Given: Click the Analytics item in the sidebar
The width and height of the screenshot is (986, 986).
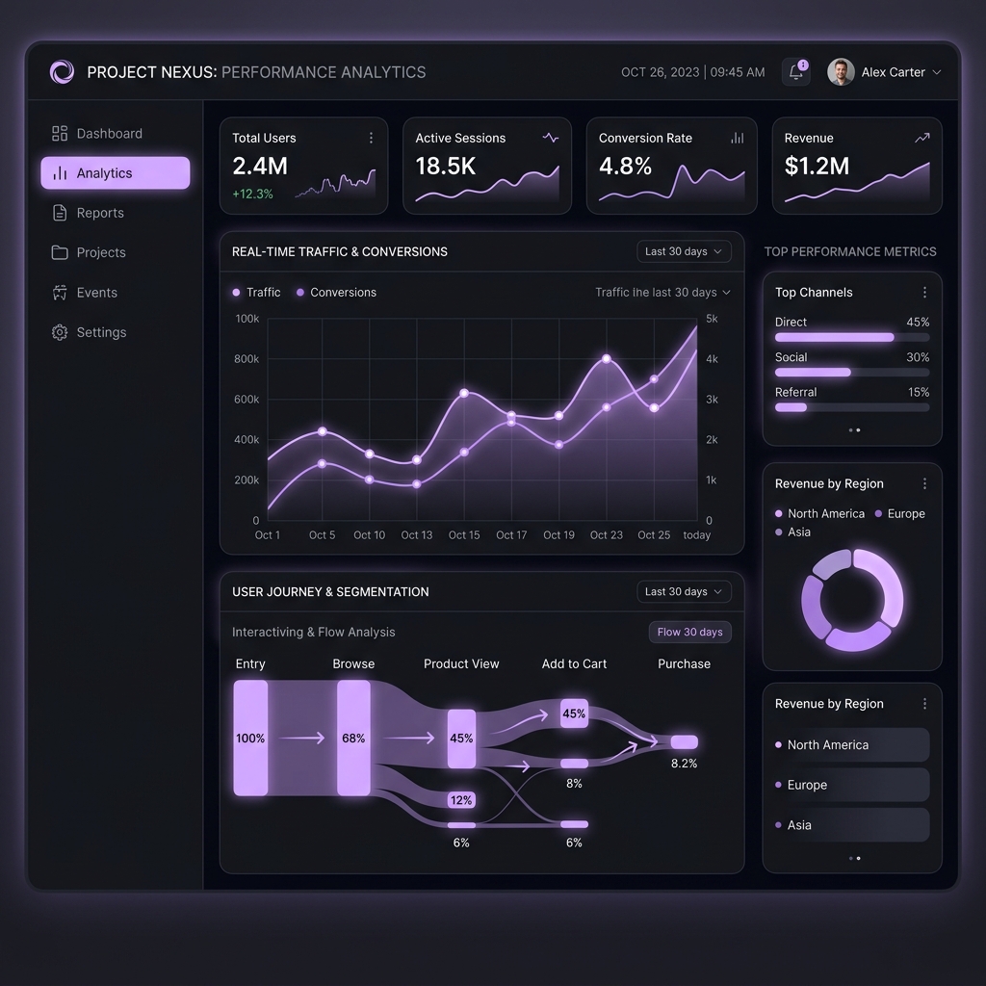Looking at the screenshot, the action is [116, 173].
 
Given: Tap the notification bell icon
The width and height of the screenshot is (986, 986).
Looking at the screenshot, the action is [796, 71].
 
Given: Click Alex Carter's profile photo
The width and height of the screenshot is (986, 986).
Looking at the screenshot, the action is [841, 71].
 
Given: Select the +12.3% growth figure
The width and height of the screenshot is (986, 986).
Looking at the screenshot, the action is [253, 194].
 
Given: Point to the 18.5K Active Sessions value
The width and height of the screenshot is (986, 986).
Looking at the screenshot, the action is [445, 166].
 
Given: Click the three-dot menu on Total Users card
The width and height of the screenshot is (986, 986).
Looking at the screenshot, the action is [371, 138].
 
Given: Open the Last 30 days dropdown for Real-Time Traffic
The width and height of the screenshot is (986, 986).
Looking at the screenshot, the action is [684, 251].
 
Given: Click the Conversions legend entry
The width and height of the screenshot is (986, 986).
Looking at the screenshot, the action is [336, 293].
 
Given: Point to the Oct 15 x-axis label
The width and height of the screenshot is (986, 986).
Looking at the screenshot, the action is [464, 535].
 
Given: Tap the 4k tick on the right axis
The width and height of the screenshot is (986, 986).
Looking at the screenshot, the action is [712, 359].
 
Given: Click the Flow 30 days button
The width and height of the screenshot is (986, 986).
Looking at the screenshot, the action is [689, 632].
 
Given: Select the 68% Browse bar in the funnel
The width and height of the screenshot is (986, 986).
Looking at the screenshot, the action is [353, 739].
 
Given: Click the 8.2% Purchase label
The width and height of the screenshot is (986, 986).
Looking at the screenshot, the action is [685, 764].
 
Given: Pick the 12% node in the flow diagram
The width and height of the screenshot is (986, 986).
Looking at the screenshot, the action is [461, 800].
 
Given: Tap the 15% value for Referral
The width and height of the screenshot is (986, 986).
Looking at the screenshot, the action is [919, 393].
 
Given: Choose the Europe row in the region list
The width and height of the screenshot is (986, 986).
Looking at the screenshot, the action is [852, 785].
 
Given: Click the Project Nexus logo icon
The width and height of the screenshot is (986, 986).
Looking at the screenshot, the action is [63, 71].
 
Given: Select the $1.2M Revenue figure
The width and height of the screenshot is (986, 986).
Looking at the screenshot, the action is [817, 166].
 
